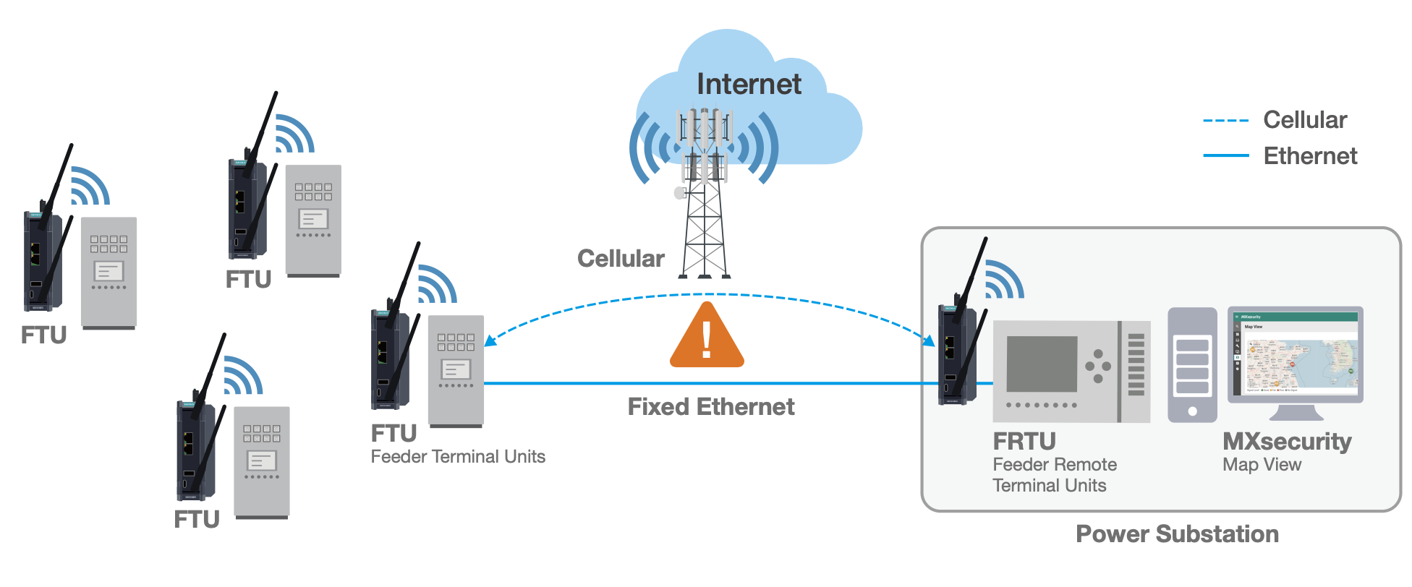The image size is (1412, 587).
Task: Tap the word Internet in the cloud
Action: [x=749, y=85]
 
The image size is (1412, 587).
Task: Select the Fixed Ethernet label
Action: [x=710, y=407]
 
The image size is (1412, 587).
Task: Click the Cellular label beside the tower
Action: [x=621, y=259]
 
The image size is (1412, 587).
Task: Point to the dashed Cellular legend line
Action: [x=1225, y=121]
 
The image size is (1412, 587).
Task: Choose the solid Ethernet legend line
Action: [x=1225, y=155]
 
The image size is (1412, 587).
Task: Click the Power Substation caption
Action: [x=1177, y=534]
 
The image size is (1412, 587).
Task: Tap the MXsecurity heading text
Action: [x=1287, y=441]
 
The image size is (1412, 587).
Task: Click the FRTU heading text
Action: [x=1024, y=441]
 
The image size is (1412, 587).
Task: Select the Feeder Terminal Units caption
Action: [x=458, y=457]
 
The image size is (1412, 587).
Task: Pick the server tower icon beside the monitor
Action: [x=1192, y=365]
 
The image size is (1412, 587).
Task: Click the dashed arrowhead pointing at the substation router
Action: [x=930, y=340]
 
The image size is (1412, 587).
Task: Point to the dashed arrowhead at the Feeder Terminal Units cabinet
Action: [x=490, y=341]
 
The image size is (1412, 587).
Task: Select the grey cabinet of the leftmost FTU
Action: [x=109, y=271]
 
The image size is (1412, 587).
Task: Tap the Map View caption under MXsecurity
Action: [x=1262, y=465]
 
